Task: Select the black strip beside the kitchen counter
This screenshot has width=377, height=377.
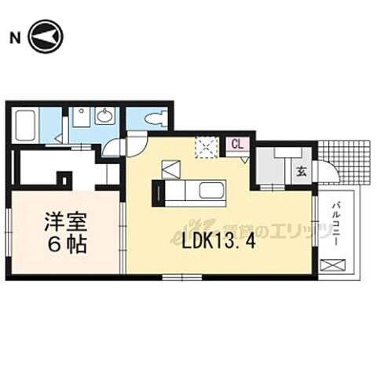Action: point(156,192)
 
